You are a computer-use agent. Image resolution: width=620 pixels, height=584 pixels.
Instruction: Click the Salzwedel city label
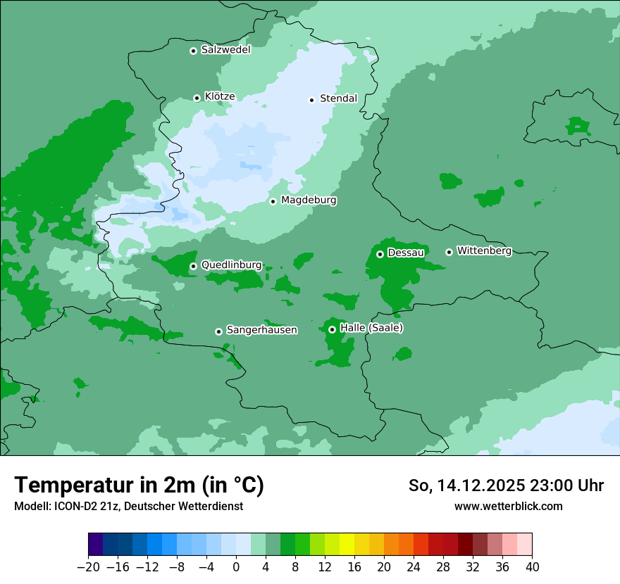(225, 50)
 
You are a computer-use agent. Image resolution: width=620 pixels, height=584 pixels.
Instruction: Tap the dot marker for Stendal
(311, 100)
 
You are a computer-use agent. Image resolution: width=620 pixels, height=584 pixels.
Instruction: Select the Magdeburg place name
(309, 201)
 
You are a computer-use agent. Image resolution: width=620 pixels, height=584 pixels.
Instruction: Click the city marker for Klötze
(197, 98)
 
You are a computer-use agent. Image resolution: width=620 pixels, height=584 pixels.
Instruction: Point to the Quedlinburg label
(231, 265)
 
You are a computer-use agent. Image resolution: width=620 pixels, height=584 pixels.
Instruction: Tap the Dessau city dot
(380, 254)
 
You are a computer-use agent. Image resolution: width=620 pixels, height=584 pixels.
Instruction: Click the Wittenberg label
(483, 250)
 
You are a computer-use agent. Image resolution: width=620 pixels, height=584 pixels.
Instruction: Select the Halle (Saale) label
(371, 328)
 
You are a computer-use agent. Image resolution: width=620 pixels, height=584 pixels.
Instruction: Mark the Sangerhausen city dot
(218, 331)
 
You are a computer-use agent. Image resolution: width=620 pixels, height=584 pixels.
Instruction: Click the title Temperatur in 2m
(139, 485)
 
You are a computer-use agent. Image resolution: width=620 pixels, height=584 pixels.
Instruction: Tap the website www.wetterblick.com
(508, 506)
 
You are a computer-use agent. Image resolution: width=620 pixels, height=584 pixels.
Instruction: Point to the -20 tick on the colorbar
(88, 567)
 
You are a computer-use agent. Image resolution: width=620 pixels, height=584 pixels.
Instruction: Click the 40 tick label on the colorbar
(532, 567)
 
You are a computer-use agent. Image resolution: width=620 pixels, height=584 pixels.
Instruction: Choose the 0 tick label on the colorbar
(236, 567)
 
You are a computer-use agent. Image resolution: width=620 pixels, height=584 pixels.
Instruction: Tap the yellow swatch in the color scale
(347, 545)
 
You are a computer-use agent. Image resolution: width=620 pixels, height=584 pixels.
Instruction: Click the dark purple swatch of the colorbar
(96, 545)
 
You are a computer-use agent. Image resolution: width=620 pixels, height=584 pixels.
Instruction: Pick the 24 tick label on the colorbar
(414, 567)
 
